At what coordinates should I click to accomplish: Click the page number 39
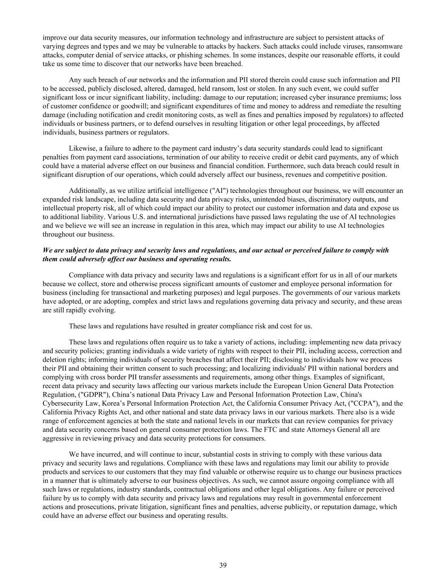223,565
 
